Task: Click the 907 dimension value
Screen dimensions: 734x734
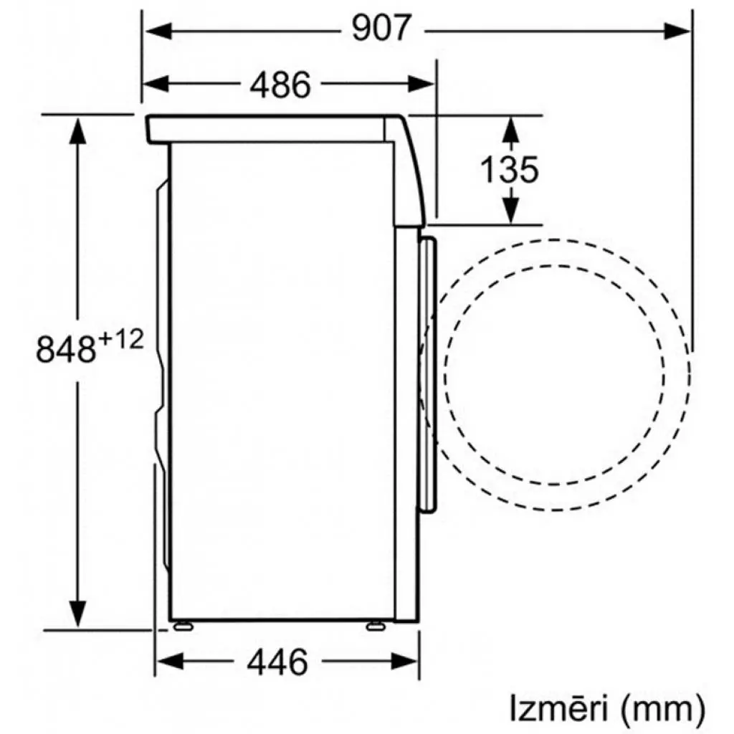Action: pyautogui.click(x=383, y=29)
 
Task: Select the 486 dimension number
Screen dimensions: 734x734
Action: pyautogui.click(x=280, y=85)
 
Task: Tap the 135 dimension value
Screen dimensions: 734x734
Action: pyautogui.click(x=508, y=171)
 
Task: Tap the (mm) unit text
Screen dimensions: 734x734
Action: pyautogui.click(x=660, y=709)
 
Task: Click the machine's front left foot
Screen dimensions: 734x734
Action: pyautogui.click(x=182, y=626)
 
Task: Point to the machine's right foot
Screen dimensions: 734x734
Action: pyautogui.click(x=374, y=626)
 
